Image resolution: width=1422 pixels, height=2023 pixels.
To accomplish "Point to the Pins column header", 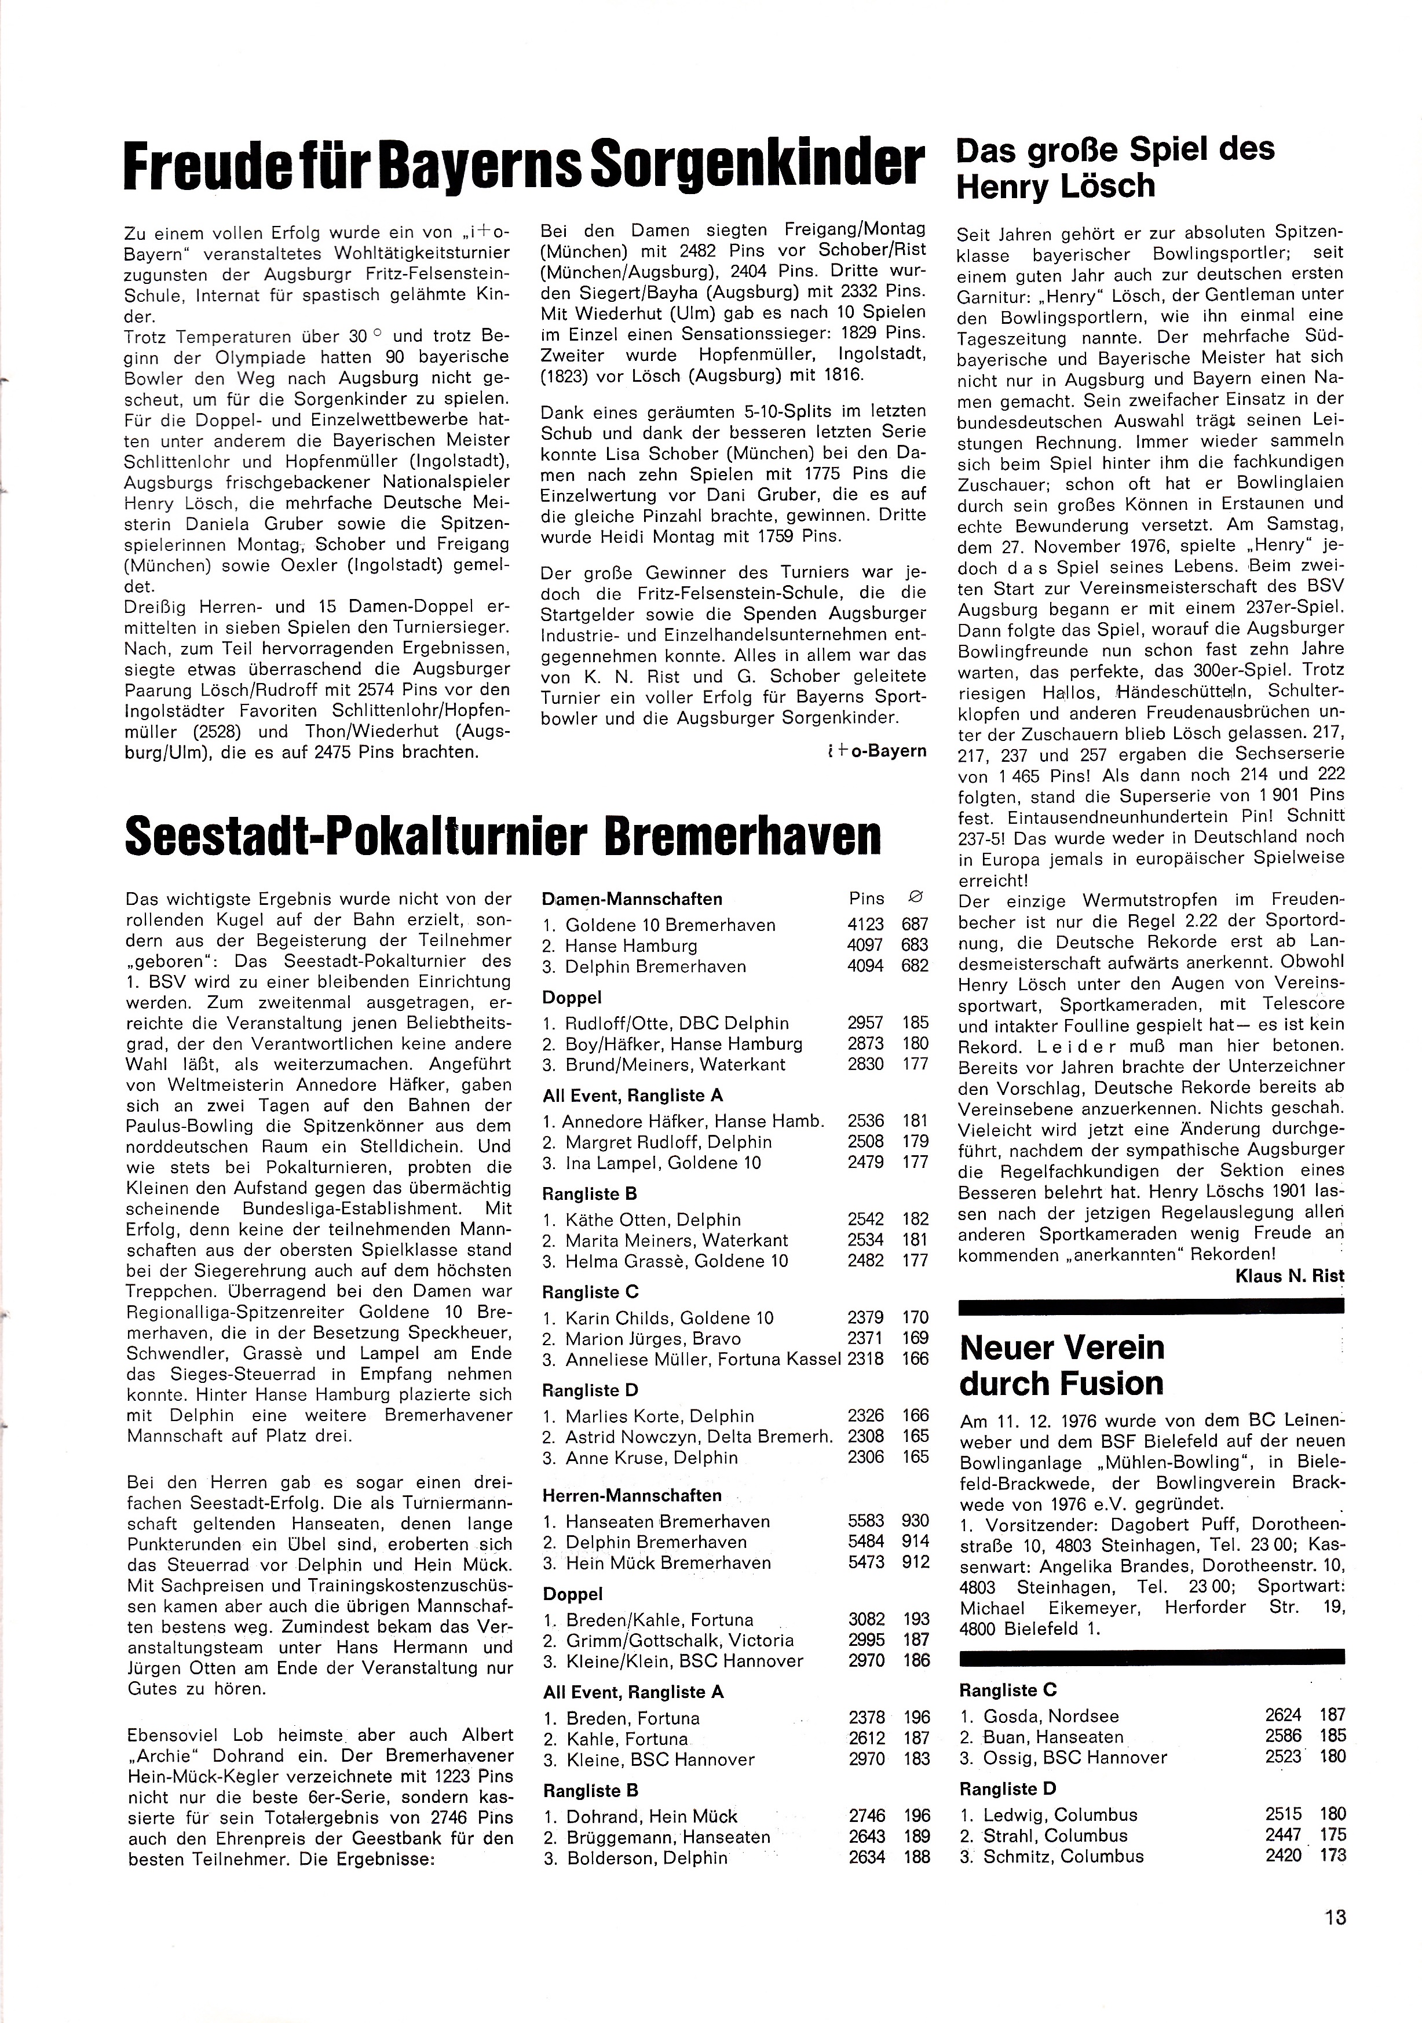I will coord(866,899).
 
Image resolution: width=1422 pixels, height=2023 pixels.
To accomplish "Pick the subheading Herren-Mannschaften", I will coord(632,1495).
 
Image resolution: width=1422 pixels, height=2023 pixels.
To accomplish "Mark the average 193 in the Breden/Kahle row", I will coord(916,1619).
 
